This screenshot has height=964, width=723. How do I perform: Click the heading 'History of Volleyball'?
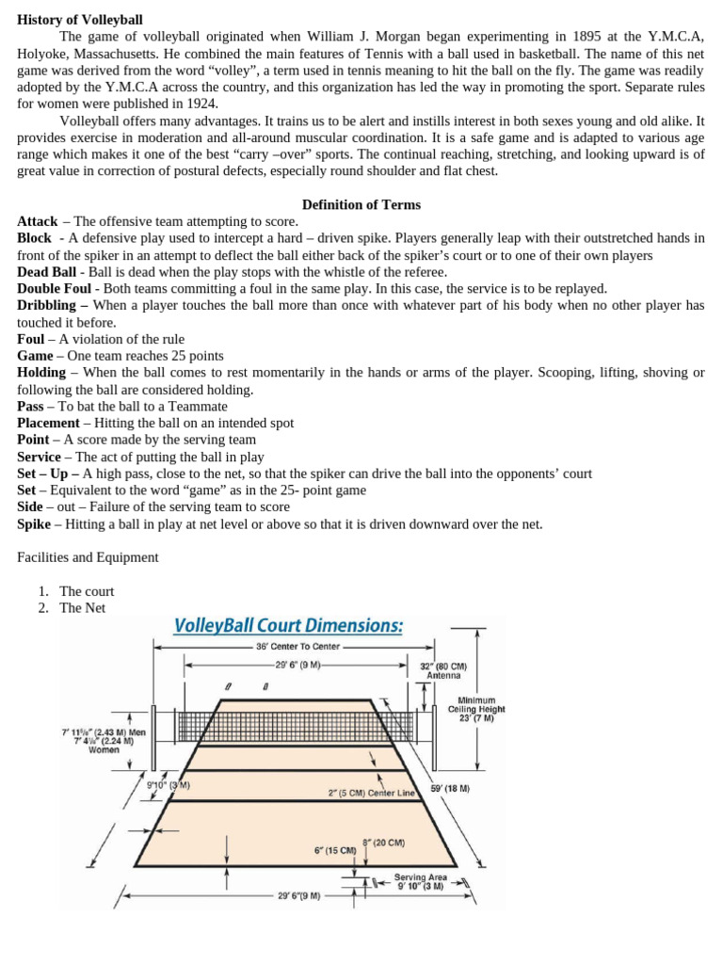click(x=80, y=20)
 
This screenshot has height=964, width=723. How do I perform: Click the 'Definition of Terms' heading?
click(x=361, y=204)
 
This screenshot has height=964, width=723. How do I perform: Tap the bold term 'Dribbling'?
click(x=53, y=305)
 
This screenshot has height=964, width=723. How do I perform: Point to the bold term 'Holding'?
click(x=41, y=373)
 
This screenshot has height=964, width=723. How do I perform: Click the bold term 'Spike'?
click(x=35, y=524)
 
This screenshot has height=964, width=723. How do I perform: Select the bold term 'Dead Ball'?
click(x=47, y=272)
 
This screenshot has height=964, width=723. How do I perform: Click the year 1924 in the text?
click(x=201, y=104)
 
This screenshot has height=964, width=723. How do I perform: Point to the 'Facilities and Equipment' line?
click(x=88, y=557)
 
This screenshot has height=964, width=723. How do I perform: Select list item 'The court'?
click(x=87, y=591)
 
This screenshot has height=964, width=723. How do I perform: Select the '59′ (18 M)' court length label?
click(x=450, y=788)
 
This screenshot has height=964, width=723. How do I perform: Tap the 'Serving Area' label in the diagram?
click(x=421, y=876)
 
